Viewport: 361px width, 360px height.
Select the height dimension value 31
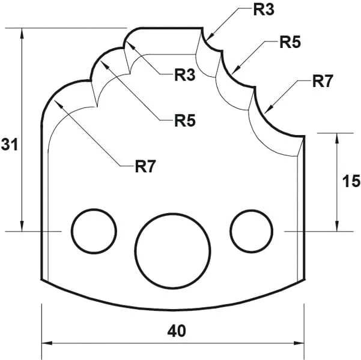pyautogui.click(x=8, y=144)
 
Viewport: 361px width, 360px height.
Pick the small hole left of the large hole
pyautogui.click(x=94, y=231)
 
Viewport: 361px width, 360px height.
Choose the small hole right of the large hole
pyautogui.click(x=252, y=231)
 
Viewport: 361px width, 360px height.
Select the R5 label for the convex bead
pyautogui.click(x=184, y=120)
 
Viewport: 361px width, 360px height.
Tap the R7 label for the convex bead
pyautogui.click(x=145, y=166)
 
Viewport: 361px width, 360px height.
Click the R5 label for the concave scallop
pyautogui.click(x=290, y=43)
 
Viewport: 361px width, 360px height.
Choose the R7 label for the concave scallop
pyautogui.click(x=322, y=82)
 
